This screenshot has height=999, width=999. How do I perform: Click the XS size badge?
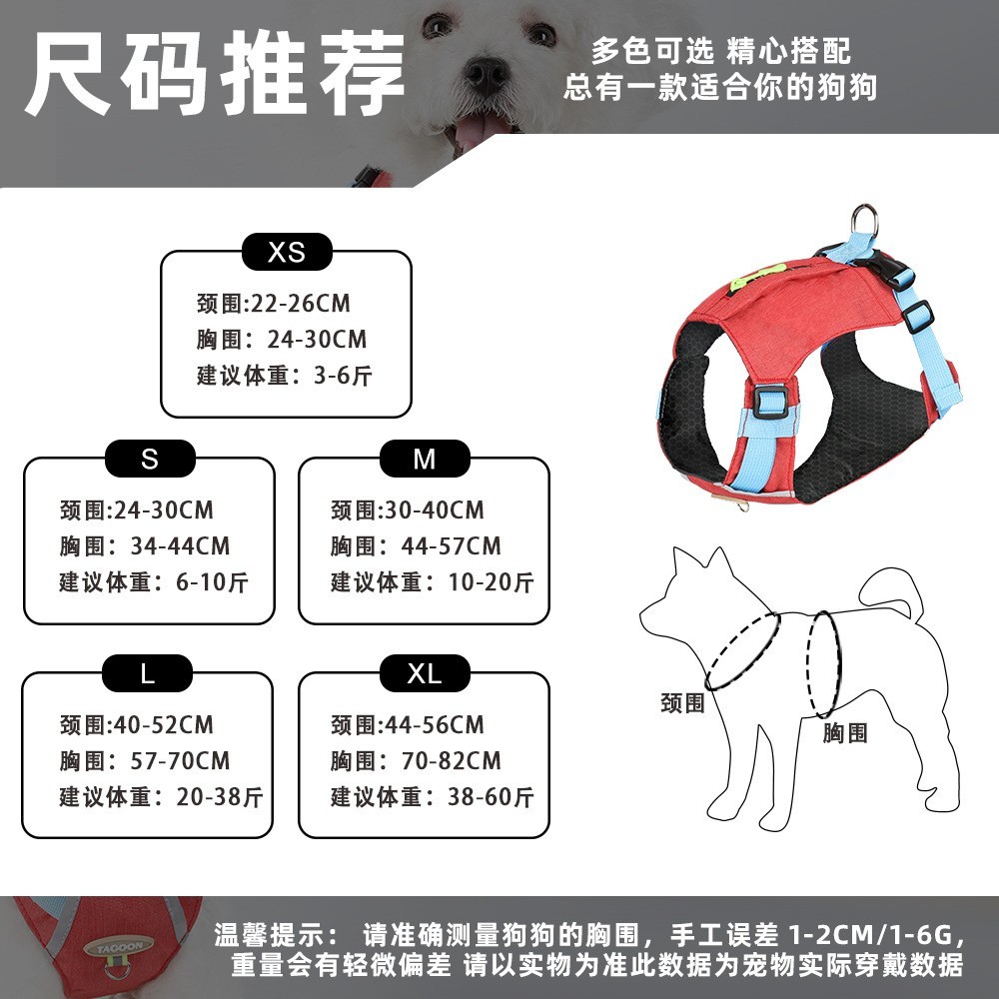coord(287,253)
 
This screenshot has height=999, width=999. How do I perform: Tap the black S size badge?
coord(149,460)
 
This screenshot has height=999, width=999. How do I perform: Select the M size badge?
coord(424,460)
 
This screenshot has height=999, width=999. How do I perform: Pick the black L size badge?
coord(148,674)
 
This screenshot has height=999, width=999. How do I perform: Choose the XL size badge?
coord(424,674)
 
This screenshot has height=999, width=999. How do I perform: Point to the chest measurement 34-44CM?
coord(180,546)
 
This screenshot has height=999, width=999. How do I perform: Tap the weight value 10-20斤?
coord(492,582)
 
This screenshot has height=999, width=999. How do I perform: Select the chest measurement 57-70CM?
coord(180,761)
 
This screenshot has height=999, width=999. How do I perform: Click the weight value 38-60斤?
coord(492,797)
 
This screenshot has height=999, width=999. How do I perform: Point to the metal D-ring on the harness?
coord(865,219)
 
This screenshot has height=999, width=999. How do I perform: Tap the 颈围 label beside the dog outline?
coord(682,703)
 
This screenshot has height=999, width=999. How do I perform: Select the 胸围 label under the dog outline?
coord(845,733)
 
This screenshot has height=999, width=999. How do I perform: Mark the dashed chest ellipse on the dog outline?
coord(825,664)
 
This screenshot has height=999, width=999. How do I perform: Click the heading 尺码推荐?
coord(215,75)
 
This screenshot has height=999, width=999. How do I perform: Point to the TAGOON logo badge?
coord(125,945)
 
